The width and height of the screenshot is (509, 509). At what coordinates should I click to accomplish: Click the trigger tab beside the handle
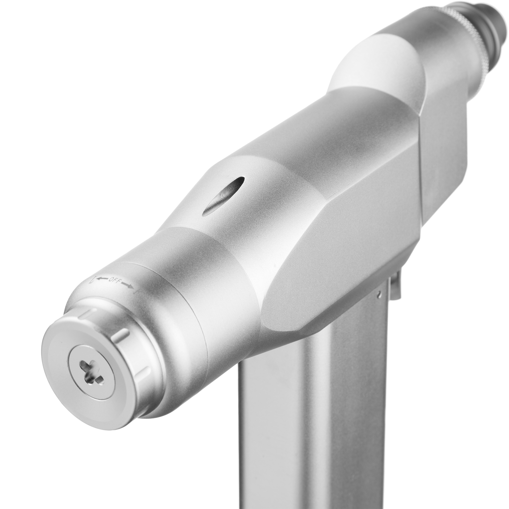coord(395,287)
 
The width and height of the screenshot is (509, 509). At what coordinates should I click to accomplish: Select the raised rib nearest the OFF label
coord(87,314)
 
